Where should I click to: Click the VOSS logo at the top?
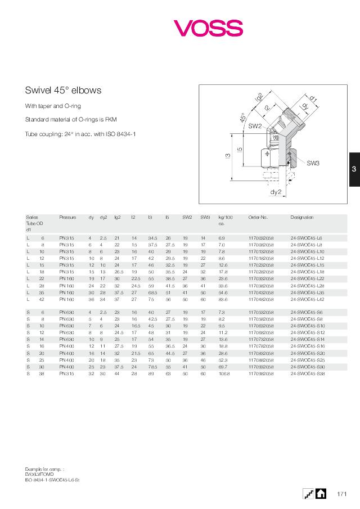208,28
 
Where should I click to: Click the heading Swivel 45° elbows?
63,90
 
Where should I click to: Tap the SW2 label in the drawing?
255,127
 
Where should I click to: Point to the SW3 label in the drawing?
313,163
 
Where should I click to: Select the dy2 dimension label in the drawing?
275,192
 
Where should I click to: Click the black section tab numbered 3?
354,169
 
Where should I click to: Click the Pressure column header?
67,217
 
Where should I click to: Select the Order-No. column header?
258,217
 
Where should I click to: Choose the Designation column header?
301,217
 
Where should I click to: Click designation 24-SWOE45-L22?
307,279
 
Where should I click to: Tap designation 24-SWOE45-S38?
307,373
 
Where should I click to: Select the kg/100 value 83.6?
223,300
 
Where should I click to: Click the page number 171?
341,494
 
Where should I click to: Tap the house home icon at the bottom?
321,494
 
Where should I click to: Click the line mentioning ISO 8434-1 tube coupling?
80,134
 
